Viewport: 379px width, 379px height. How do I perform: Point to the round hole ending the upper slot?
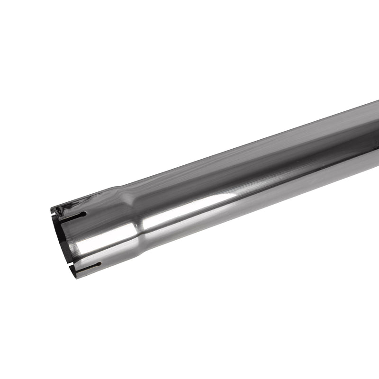coord(84,214)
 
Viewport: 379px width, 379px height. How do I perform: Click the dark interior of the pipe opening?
coord(63,237)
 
